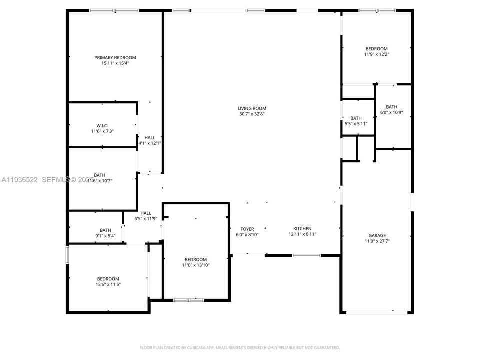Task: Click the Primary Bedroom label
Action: click(115, 58)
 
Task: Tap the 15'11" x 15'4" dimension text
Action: click(115, 64)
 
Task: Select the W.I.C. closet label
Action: click(102, 125)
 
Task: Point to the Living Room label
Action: click(252, 108)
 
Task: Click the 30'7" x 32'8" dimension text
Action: click(252, 114)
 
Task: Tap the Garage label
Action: click(377, 235)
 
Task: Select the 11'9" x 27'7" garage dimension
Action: click(377, 241)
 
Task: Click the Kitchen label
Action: click(302, 229)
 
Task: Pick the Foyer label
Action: click(247, 229)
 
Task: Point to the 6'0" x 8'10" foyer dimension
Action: click(247, 235)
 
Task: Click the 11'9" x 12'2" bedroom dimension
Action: click(376, 54)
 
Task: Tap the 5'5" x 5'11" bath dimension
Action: click(356, 124)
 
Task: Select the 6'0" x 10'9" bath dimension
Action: click(391, 113)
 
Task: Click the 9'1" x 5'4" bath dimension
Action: click(105, 236)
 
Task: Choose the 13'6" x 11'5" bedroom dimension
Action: click(108, 284)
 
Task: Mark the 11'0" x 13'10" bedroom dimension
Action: click(196, 265)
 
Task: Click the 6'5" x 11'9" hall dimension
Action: click(146, 219)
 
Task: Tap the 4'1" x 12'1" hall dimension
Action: click(150, 143)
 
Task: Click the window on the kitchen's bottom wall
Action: click(306, 256)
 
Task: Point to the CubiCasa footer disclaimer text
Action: click(240, 347)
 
